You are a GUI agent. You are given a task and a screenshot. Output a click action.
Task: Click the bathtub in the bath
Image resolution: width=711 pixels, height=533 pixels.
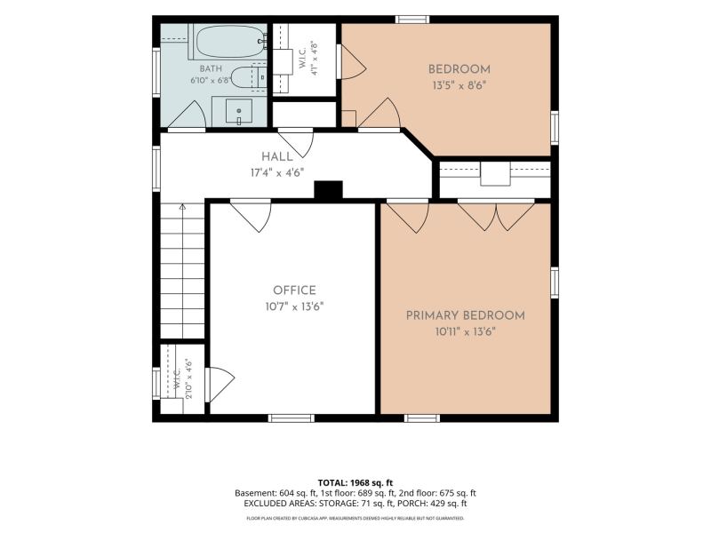[230, 41]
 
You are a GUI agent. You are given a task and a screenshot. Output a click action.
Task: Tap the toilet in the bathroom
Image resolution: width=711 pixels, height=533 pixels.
[249, 77]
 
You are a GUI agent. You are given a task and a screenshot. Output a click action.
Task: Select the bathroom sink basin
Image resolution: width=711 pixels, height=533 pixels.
[239, 110]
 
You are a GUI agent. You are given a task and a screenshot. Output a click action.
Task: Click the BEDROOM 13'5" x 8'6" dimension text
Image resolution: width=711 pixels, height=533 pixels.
[460, 85]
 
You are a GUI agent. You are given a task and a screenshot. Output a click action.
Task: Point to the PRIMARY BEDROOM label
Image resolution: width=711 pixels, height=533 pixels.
[465, 315]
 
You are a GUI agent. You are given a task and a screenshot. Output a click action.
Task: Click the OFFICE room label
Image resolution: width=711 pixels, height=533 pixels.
[294, 290]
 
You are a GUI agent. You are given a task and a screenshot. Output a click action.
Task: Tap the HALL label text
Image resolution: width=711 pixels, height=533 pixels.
[277, 157]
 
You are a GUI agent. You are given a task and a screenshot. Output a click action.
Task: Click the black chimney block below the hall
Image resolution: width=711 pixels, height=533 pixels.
[328, 190]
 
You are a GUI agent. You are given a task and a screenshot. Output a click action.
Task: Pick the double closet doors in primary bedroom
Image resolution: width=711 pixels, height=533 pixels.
[496, 215]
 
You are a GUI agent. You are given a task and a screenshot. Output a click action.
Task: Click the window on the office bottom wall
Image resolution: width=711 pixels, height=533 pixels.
[292, 418]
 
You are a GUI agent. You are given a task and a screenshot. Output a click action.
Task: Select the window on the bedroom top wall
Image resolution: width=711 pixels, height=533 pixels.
[412, 20]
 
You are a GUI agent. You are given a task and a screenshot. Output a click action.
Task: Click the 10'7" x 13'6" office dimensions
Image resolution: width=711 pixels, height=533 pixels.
[294, 306]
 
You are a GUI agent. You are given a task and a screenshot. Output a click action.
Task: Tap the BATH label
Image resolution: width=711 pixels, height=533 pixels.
[211, 69]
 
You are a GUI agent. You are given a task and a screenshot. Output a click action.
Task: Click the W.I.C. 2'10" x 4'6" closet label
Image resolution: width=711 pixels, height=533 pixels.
[183, 378]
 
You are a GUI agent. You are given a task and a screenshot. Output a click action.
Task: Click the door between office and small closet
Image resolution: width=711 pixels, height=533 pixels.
[220, 385]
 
